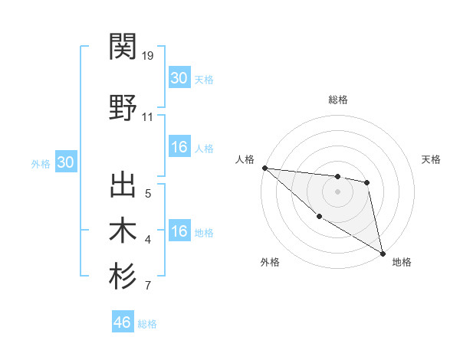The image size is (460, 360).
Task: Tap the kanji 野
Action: tap(123, 107)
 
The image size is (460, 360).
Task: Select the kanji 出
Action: tap(123, 186)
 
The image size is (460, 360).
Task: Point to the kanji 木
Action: tap(123, 231)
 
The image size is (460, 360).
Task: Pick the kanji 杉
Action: tap(123, 276)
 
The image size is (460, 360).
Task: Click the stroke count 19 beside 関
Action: tap(148, 56)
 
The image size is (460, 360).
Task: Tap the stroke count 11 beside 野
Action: tap(148, 117)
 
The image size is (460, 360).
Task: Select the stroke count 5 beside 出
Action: tap(148, 194)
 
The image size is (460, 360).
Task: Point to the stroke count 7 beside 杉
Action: tap(147, 286)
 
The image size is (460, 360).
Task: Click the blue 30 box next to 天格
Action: tap(179, 77)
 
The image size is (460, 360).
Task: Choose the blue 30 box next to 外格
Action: tap(65, 162)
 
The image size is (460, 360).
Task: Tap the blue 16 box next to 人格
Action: tap(179, 147)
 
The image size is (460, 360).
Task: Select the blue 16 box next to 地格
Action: tap(179, 231)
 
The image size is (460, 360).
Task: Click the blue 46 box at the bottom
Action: tap(123, 322)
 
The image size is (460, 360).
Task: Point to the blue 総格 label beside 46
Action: tap(147, 324)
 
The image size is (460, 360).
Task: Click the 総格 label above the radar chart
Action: tap(337, 100)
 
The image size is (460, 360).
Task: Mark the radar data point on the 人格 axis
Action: tap(264, 168)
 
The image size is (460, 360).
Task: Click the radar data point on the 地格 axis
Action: tap(383, 252)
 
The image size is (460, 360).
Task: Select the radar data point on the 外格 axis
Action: tap(319, 216)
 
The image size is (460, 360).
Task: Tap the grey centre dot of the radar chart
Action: tap(337, 191)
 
